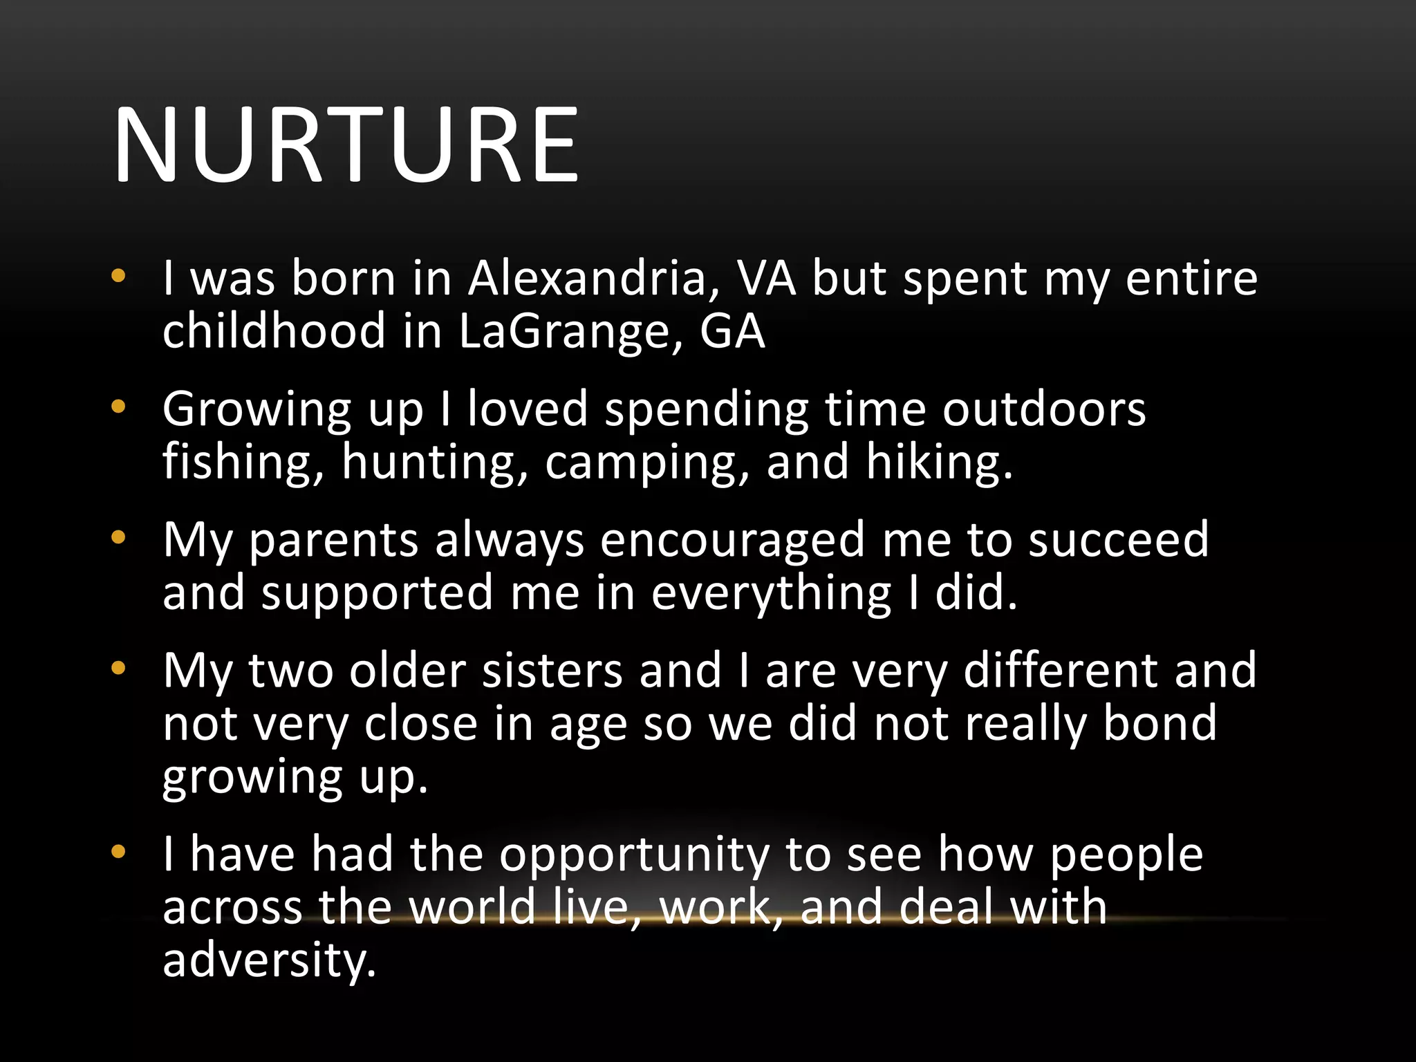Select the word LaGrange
point(570,332)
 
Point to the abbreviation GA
point(732,330)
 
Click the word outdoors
point(1044,409)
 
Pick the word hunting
point(435,462)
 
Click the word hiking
point(939,462)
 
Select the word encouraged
point(732,540)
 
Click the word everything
point(771,593)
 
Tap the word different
point(1060,670)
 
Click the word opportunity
point(634,855)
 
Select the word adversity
point(269,960)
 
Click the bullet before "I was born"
point(118,276)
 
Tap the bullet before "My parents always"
point(118,537)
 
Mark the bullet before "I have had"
point(118,852)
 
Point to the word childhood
point(274,330)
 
